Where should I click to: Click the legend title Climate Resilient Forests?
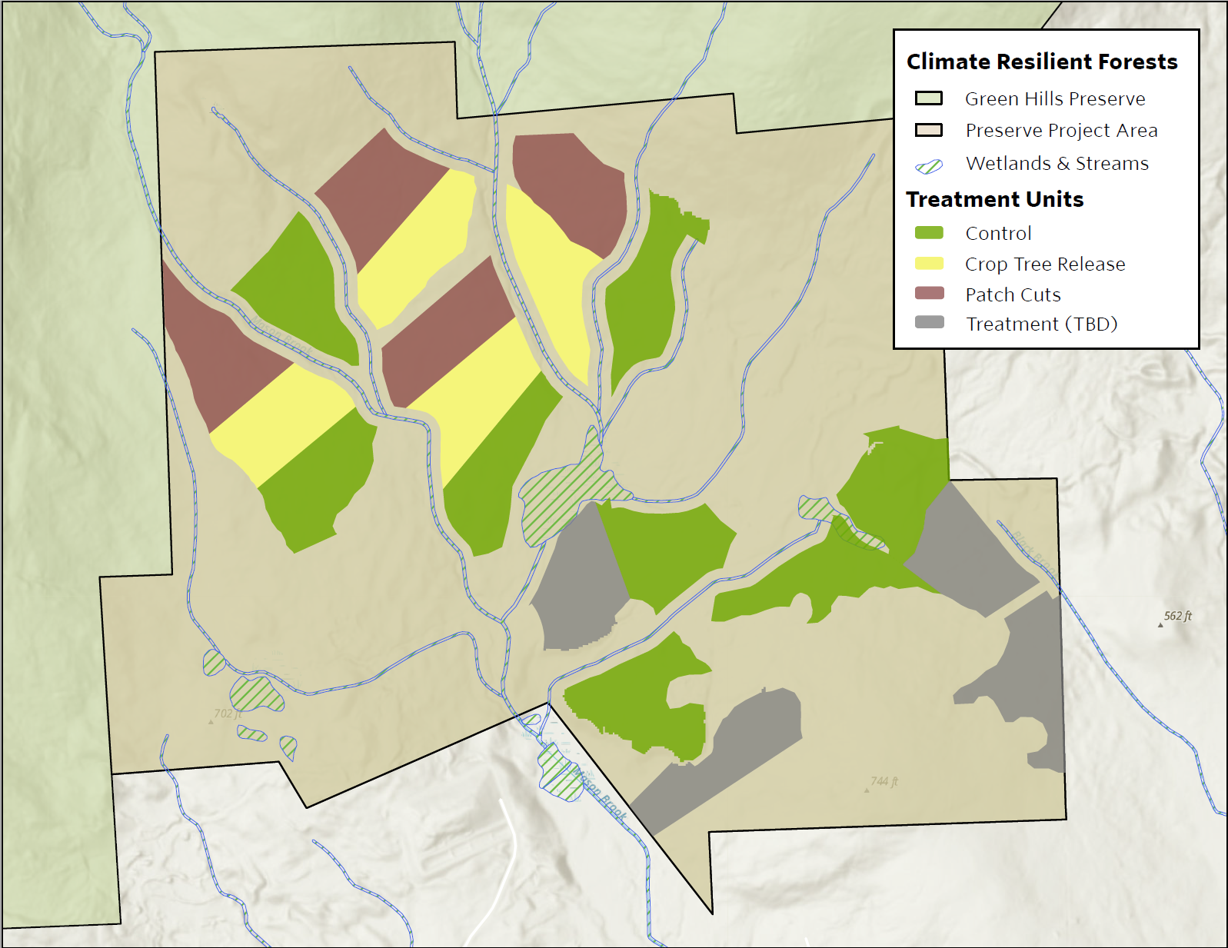pos(1041,62)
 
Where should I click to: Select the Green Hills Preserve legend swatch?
pos(928,98)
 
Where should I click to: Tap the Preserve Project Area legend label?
pos(1061,131)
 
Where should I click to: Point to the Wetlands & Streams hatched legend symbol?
pos(929,166)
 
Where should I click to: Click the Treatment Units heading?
pos(994,200)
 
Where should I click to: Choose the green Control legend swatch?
pos(929,233)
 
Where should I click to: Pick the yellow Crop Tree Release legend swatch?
pos(929,264)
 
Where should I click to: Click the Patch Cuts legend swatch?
pos(929,294)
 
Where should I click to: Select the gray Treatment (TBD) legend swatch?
pos(929,323)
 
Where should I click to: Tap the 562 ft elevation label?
pos(1177,616)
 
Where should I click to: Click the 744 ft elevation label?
pos(884,781)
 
